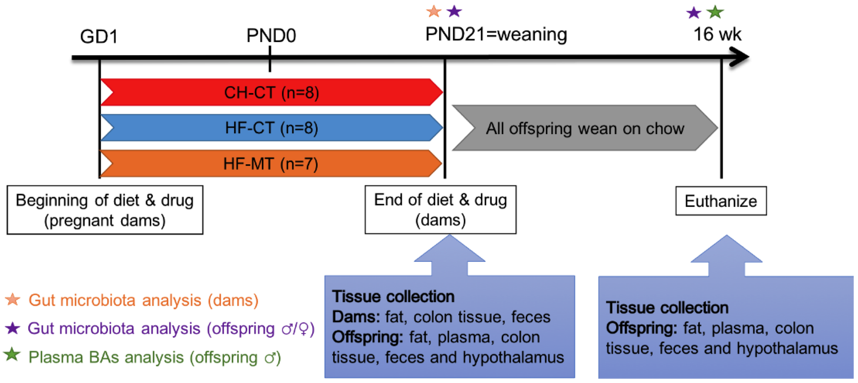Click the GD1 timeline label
[99, 36]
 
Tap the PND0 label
[271, 35]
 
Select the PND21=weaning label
[496, 34]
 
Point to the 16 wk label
[717, 34]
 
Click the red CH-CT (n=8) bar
[271, 92]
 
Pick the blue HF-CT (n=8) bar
[271, 128]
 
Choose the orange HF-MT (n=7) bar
[270, 164]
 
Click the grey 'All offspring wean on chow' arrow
[585, 128]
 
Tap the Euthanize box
[721, 201]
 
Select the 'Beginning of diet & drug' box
[105, 210]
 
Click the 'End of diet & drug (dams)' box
[440, 210]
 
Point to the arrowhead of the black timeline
[741, 57]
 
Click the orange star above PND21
[434, 12]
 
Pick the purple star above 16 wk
[694, 13]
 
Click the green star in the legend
[12, 354]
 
